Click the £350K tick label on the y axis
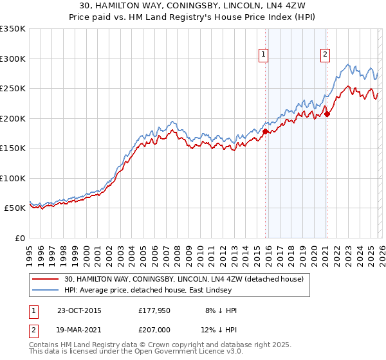coord(13,29)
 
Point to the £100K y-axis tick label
coord(13,178)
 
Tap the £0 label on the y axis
coord(19,238)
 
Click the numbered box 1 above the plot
coord(264,55)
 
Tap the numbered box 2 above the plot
coord(326,55)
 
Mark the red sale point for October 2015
coord(265,131)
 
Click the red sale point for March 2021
coord(327,114)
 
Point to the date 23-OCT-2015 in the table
coord(79,310)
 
